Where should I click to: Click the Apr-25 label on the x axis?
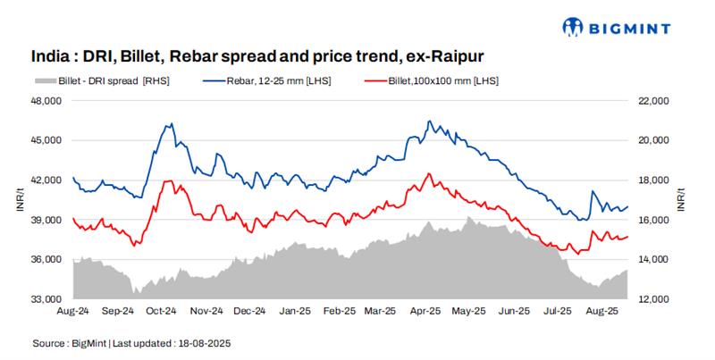pos(425,312)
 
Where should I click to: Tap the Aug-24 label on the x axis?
pos(73,312)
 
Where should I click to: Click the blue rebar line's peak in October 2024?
pos(171,124)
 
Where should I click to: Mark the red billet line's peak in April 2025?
pos(429,173)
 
